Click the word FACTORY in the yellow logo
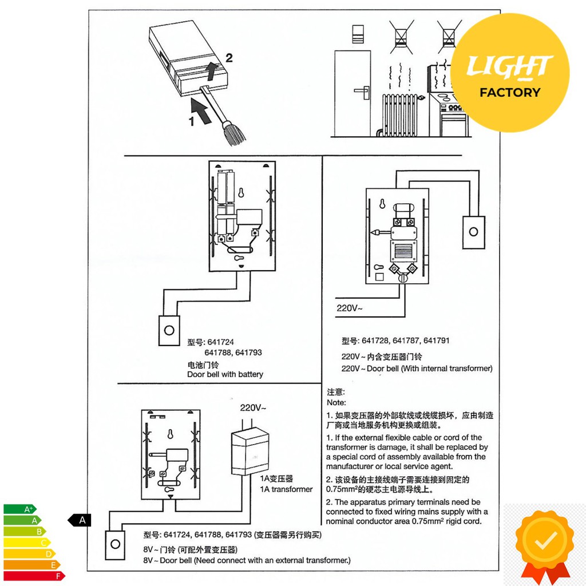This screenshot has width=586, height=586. pyautogui.click(x=510, y=92)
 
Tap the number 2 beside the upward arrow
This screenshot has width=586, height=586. pyautogui.click(x=229, y=58)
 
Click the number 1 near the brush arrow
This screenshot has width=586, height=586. pyautogui.click(x=192, y=121)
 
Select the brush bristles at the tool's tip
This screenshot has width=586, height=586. pyautogui.click(x=233, y=134)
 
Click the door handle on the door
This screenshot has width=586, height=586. pyautogui.click(x=362, y=92)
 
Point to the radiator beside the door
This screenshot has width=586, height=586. pyautogui.click(x=399, y=114)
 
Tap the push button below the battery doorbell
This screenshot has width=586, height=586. pyautogui.click(x=169, y=330)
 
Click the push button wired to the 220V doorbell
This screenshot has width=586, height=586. pyautogui.click(x=473, y=232)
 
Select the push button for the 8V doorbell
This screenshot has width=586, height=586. pyautogui.click(x=115, y=545)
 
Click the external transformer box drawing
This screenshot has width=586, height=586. pyautogui.click(x=250, y=452)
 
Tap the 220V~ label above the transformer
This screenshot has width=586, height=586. pyautogui.click(x=253, y=407)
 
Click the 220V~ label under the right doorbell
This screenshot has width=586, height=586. pyautogui.click(x=350, y=308)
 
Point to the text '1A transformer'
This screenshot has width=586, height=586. pyautogui.click(x=286, y=489)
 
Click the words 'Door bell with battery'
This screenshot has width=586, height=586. pyautogui.click(x=225, y=374)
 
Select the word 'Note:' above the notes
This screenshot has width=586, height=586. pyautogui.click(x=336, y=402)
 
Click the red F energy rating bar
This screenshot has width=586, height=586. pyautogui.click(x=34, y=576)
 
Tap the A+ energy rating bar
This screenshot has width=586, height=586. pyautogui.click(x=20, y=509)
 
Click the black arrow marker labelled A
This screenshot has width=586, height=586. pyautogui.click(x=79, y=520)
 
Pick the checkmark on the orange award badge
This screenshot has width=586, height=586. pyautogui.click(x=545, y=539)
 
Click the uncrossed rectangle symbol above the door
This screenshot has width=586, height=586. pyautogui.click(x=358, y=34)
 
